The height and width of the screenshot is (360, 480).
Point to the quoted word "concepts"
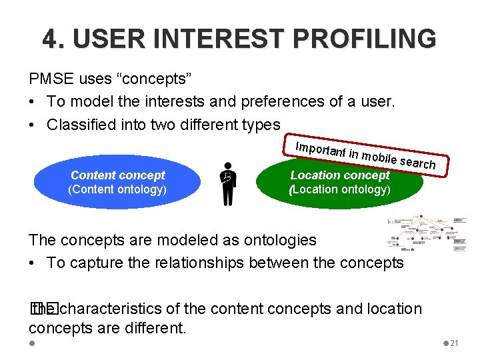pos(155,79)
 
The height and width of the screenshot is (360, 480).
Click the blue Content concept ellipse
pos(117,182)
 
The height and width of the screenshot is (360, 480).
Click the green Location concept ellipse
pos(340,182)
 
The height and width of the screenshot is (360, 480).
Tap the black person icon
pos(228,183)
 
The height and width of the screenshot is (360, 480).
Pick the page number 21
pos(455,343)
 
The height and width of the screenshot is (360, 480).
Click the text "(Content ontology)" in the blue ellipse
pos(117,189)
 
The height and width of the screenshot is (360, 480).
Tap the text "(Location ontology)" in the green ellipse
pos(340,189)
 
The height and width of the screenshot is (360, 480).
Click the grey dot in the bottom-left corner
pos(32,343)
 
